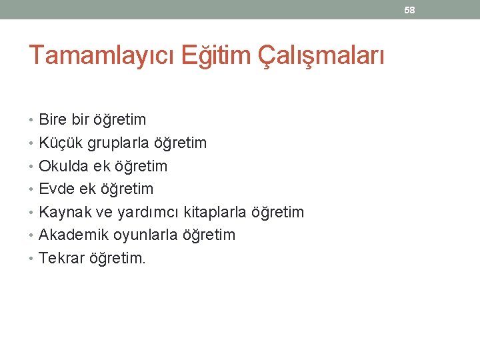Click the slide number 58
pyautogui.click(x=410, y=10)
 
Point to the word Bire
pyautogui.click(x=53, y=120)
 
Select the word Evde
pyautogui.click(x=57, y=189)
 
